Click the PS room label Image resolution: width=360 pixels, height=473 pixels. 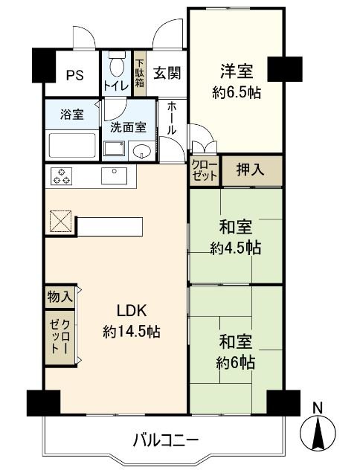[74, 74]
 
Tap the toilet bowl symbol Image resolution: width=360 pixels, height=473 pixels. [116, 68]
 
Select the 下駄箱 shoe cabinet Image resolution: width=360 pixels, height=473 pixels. [139, 72]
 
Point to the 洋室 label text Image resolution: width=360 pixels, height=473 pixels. [236, 72]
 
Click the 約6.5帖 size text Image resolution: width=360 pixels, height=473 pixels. [236, 93]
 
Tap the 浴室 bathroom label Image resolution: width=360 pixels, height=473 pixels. [72, 115]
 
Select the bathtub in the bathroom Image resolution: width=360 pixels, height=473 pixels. [73, 143]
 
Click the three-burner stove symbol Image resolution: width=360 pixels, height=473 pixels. [62, 176]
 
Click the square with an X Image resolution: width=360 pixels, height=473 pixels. [59, 222]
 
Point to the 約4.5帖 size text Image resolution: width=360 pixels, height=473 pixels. [236, 248]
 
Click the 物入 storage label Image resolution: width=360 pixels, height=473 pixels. [60, 296]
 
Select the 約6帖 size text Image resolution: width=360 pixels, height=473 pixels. [236, 362]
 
